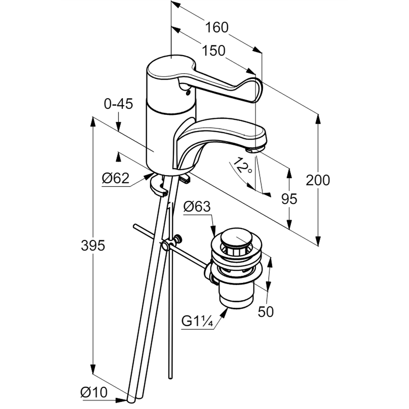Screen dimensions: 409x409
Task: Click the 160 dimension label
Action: (x=216, y=28)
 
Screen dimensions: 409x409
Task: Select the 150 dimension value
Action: (x=214, y=51)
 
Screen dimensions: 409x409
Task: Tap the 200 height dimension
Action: (x=318, y=180)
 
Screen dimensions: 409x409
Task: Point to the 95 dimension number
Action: (x=290, y=199)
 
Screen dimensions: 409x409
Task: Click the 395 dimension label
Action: (x=93, y=246)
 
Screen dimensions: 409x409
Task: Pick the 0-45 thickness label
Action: (x=118, y=104)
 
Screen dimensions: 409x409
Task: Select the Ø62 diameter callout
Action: (x=116, y=178)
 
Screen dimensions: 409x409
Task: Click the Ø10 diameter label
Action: (x=94, y=393)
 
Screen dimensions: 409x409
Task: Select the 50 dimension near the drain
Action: (x=266, y=312)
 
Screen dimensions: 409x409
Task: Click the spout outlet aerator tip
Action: (x=256, y=150)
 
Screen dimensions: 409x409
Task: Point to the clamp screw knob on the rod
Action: (x=178, y=238)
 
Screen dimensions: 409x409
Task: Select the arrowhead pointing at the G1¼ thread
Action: (x=225, y=312)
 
